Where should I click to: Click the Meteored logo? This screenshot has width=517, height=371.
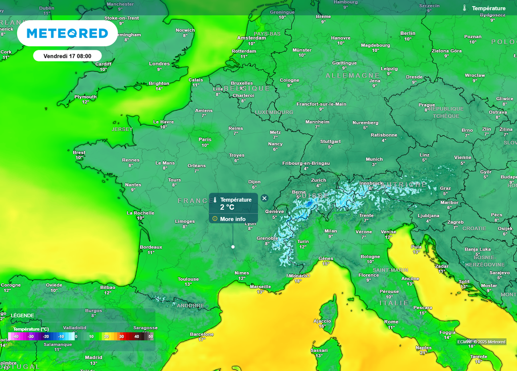[x=67, y=33]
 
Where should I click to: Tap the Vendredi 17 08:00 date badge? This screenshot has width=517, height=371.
[x=67, y=55]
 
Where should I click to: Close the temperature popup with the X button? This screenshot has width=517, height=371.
[x=264, y=198]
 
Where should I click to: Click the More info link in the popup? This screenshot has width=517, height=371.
[x=233, y=219]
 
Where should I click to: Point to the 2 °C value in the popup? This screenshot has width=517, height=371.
[x=227, y=207]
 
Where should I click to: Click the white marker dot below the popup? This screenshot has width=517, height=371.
[x=233, y=246]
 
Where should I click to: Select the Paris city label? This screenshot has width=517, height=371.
[x=205, y=140]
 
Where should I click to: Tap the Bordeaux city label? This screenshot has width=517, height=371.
[x=151, y=247]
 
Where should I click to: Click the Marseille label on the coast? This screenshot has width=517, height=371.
[x=260, y=286]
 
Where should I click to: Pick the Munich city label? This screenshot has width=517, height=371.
[x=374, y=159]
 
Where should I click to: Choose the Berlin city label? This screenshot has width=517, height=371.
[x=407, y=33]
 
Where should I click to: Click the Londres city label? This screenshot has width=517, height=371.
[x=160, y=64]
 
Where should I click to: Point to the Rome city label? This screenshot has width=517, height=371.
[x=391, y=322]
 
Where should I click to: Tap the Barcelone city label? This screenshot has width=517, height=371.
[x=201, y=334]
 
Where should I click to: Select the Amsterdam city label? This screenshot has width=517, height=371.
[x=251, y=38]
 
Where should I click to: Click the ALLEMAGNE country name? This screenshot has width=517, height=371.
[x=352, y=76]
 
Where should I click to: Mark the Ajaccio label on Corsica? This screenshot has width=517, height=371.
[x=322, y=321]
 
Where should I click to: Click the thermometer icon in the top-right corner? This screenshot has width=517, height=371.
[x=464, y=8]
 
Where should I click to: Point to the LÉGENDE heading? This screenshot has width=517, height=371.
[x=23, y=316]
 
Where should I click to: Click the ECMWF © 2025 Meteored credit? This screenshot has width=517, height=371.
[x=481, y=342]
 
